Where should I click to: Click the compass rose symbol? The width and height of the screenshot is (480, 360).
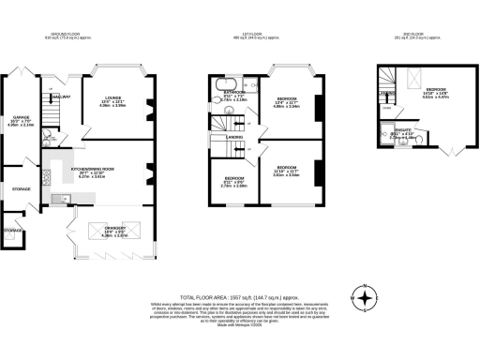[x=363, y=299]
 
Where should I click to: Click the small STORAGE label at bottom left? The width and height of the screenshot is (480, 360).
[x=11, y=230]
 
